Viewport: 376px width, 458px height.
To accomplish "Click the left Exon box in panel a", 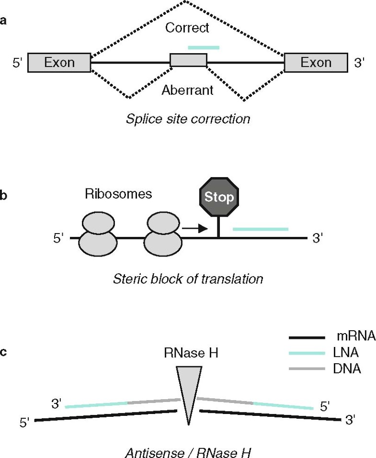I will [59, 63].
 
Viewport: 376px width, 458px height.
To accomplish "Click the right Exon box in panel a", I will [316, 63].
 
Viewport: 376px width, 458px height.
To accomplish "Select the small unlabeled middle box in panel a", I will [189, 60].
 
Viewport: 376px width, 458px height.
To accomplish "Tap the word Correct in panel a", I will [187, 28].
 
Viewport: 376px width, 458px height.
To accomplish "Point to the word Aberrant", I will [187, 90].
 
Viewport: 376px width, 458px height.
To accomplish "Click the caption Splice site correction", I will [188, 118].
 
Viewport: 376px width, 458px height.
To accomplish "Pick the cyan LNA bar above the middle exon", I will [204, 47].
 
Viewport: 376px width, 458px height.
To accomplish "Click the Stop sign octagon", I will [218, 197].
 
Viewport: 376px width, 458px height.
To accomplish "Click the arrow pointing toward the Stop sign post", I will [195, 229].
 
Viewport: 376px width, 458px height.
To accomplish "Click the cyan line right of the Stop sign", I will [261, 229].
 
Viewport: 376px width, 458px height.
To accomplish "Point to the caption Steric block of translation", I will [188, 279].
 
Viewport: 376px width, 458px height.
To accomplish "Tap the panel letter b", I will [4, 196].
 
